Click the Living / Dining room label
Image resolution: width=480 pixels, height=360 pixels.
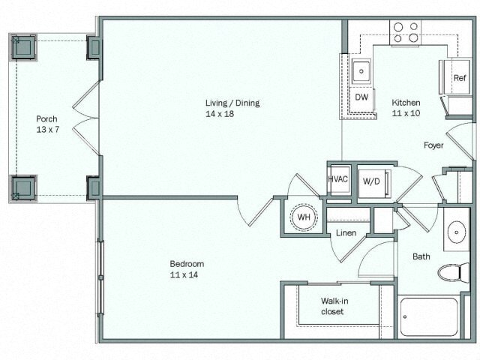tap(232, 103)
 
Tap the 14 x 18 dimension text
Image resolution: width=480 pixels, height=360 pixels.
tap(232, 113)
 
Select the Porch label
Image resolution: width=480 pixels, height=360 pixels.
tap(46, 118)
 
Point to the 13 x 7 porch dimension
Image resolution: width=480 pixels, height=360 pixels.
tap(46, 129)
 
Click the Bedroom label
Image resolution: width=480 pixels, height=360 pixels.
tap(187, 264)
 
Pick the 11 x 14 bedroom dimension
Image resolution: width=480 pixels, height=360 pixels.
tap(187, 274)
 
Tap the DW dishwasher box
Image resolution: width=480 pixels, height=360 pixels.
tap(361, 97)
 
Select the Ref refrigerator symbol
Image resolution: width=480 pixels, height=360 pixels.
tap(459, 78)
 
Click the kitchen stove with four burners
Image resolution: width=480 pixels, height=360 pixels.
tap(405, 31)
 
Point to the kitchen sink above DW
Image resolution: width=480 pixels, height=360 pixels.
tap(361, 72)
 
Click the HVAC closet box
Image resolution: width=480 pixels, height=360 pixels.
tap(337, 180)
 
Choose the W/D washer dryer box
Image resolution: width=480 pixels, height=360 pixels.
tap(371, 181)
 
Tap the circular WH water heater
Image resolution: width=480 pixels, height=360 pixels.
tap(304, 217)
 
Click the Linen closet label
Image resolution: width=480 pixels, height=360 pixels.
tap(346, 233)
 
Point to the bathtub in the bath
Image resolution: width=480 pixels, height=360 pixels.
tap(429, 317)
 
